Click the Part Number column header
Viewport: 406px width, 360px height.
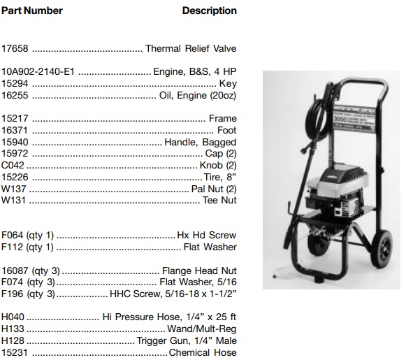32,10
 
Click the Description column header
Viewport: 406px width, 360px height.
209,10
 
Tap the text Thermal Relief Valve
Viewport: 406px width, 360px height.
191,49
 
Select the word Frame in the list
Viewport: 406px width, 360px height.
223,119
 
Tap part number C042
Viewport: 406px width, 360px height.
13,166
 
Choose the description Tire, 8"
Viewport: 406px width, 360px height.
219,177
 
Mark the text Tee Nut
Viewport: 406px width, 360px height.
219,201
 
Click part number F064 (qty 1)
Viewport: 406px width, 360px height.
28,236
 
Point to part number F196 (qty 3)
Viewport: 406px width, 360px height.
28,294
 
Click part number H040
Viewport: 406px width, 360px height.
13,317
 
